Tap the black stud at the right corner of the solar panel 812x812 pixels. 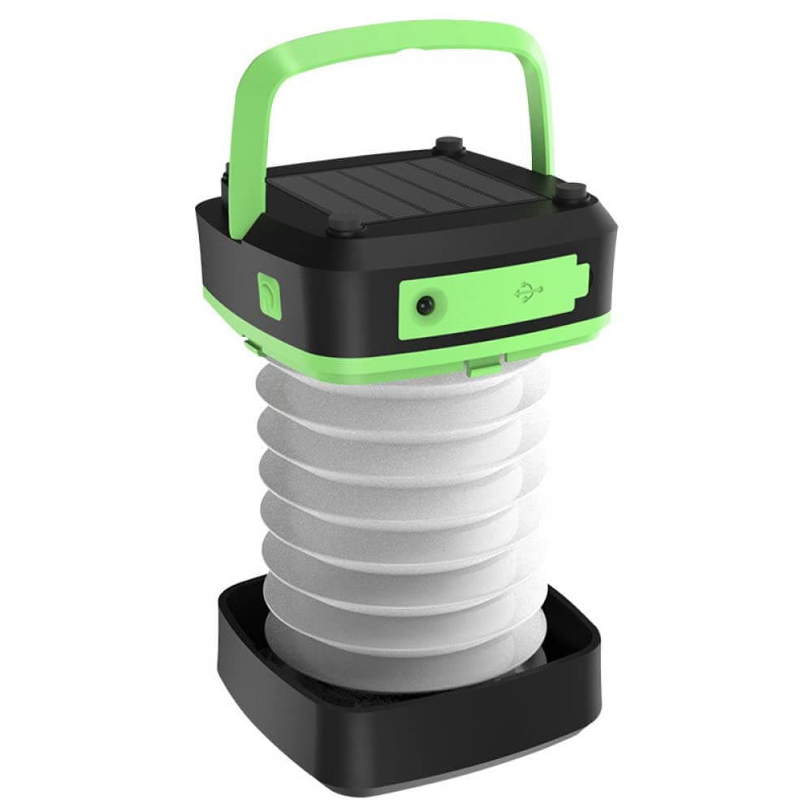572,192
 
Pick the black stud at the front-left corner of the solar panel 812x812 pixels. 345,222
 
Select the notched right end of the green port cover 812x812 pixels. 581,279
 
